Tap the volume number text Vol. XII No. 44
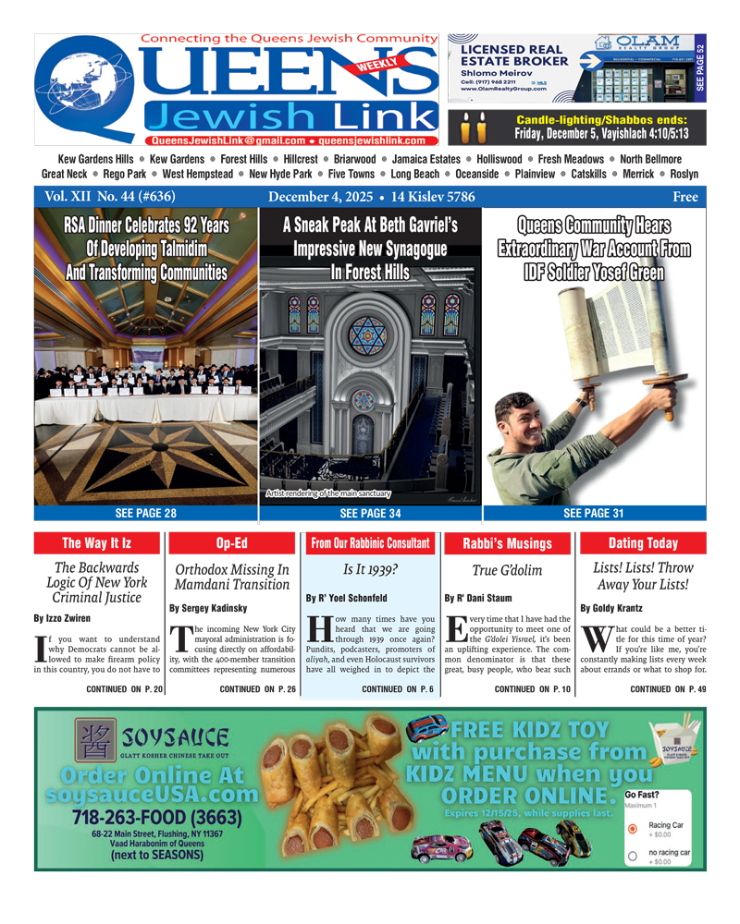(104, 197)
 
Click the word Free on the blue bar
(685, 197)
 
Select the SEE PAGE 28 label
(145, 512)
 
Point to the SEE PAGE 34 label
(370, 512)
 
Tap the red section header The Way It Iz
(98, 543)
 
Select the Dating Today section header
(643, 543)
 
